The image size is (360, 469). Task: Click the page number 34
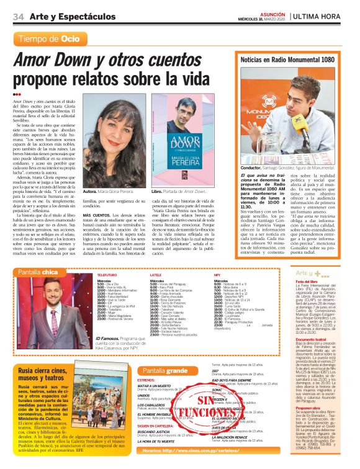pos(17,17)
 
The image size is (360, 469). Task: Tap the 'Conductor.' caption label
pos(250,167)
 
